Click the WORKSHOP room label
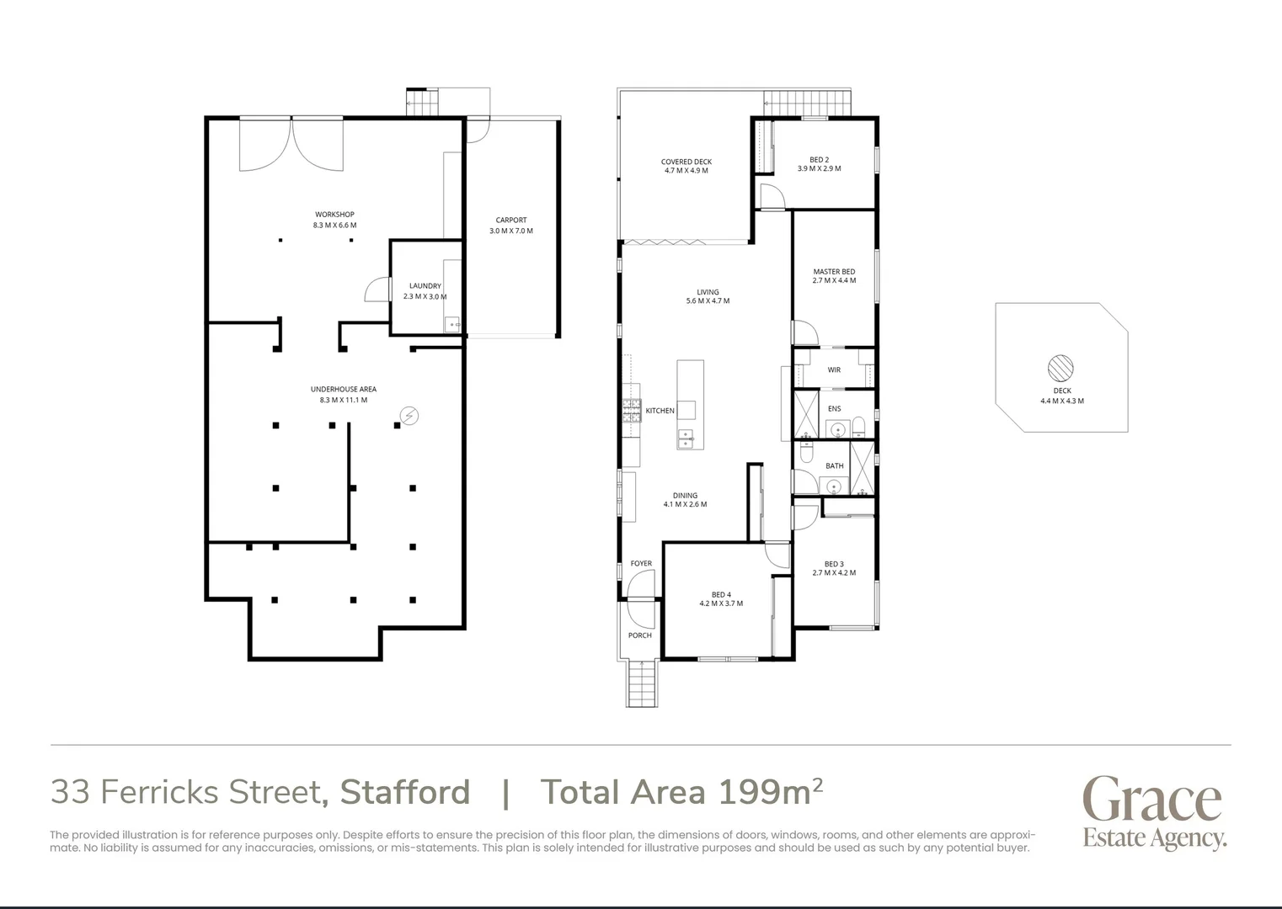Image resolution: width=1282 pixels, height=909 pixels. pos(334,215)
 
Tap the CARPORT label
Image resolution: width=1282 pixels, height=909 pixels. pos(510,221)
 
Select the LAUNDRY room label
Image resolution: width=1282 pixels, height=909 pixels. pos(425,286)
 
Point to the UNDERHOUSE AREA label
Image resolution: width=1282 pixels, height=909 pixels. pos(343,390)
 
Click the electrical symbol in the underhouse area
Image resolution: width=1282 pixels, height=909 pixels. pos(409,416)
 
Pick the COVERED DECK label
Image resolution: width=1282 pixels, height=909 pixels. pos(686,162)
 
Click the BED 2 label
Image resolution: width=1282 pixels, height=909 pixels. pos(819,160)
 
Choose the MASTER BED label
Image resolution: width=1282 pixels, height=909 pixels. pos(834,272)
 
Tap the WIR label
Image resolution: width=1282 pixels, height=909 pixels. pos(834,370)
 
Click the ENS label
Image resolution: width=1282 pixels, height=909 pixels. pos(834,409)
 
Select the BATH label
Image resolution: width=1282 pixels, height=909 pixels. pos(834,466)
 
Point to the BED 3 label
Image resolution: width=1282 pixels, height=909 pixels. pos(834,565)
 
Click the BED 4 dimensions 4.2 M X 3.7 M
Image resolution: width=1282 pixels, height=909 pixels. pos(721,603)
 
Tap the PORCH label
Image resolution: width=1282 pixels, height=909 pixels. pos(639,635)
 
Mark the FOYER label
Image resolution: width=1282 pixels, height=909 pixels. pos(641,564)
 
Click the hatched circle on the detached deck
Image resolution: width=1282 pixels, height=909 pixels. pos(1060,368)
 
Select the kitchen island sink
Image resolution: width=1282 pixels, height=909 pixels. pos(686,438)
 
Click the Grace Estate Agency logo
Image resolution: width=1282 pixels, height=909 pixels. pos(1153,812)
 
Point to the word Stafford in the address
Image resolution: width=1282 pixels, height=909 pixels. pos(404,793)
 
